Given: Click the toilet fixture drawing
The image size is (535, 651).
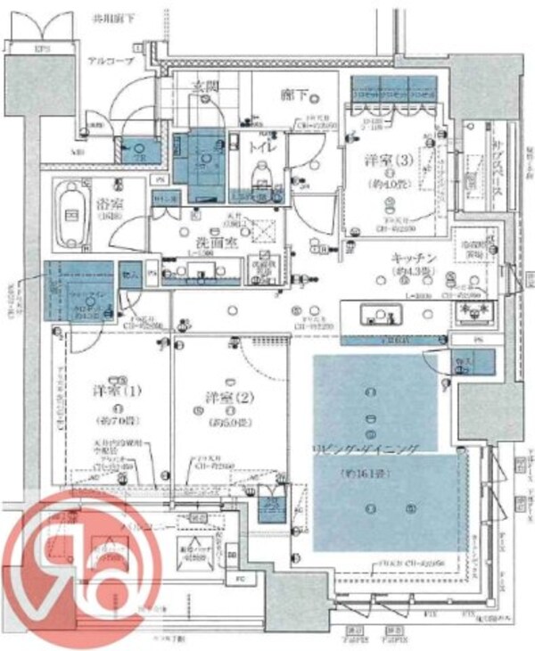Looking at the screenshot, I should (262, 175).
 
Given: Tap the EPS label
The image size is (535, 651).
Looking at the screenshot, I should (42, 48).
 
